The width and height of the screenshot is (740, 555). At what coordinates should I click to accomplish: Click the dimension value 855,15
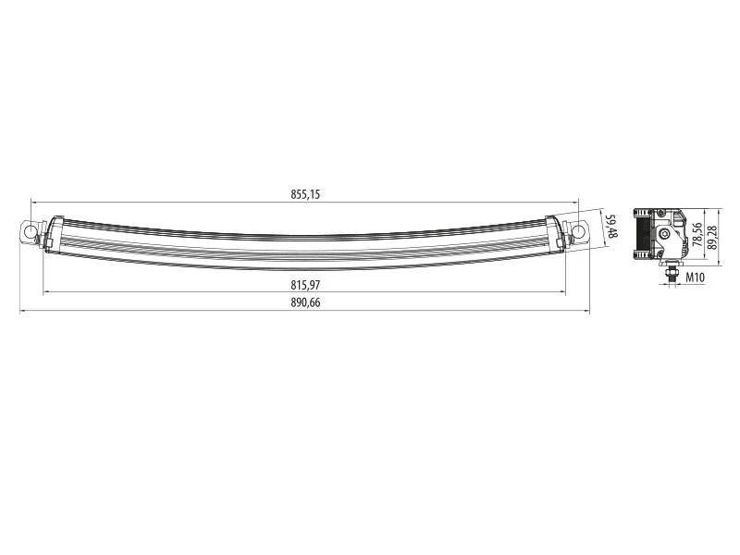click(305, 194)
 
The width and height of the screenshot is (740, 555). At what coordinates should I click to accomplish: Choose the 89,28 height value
click(711, 237)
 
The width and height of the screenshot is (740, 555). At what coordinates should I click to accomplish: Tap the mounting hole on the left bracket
click(31, 231)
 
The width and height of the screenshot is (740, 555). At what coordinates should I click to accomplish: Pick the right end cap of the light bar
click(557, 231)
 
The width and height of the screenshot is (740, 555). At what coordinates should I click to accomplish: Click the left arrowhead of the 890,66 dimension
click(22, 311)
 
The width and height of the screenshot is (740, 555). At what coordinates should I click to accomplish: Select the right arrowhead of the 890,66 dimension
click(586, 311)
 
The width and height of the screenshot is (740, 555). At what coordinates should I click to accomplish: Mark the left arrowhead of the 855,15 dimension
click(33, 201)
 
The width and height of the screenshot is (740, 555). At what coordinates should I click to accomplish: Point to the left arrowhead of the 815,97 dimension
click(46, 293)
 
